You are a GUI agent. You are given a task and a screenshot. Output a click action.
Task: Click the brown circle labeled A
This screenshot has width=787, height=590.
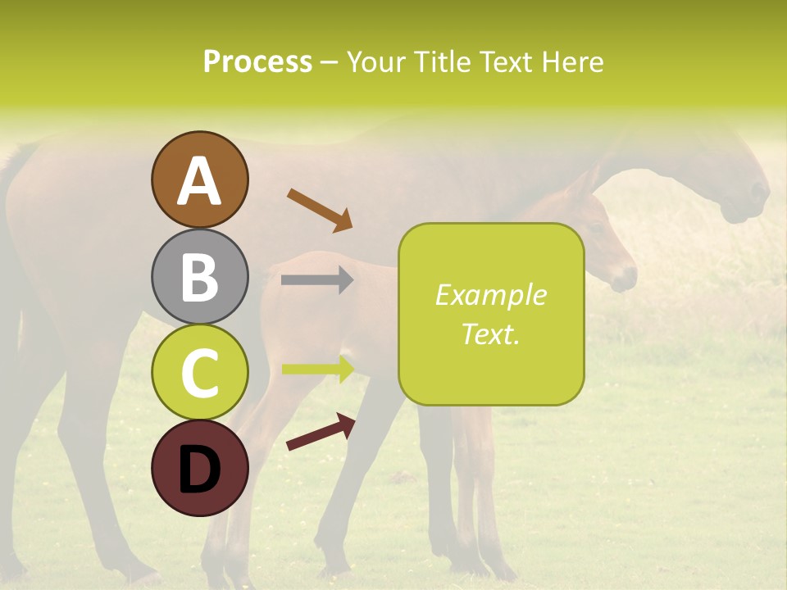coord(199,179)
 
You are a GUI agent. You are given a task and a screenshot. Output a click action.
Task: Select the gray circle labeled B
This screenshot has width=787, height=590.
coord(199,276)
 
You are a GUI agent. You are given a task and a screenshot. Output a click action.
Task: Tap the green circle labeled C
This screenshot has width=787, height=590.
coord(199,372)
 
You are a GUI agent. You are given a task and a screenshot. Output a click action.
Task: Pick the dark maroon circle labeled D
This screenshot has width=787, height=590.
coord(199,468)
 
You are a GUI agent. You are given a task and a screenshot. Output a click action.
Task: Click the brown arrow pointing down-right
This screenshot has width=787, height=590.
coord(319,209)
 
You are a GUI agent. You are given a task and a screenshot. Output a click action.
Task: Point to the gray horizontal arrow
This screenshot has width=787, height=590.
coord(316,280)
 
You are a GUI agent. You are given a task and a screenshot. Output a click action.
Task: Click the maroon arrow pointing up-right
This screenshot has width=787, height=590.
coord(321,432)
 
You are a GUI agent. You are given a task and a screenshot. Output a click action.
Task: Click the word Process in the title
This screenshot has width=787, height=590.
coord(257,61)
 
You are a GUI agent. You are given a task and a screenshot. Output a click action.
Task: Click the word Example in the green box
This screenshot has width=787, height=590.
coord(490,295)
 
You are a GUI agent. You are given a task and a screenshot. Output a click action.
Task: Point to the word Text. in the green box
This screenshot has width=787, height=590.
coord(490,334)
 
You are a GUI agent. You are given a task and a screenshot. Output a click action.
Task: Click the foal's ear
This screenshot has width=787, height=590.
coord(583,184)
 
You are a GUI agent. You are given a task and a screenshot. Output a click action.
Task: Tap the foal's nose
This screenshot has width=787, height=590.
coord(626,279)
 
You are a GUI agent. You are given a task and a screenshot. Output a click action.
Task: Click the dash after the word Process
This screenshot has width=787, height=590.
coord(329,63)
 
